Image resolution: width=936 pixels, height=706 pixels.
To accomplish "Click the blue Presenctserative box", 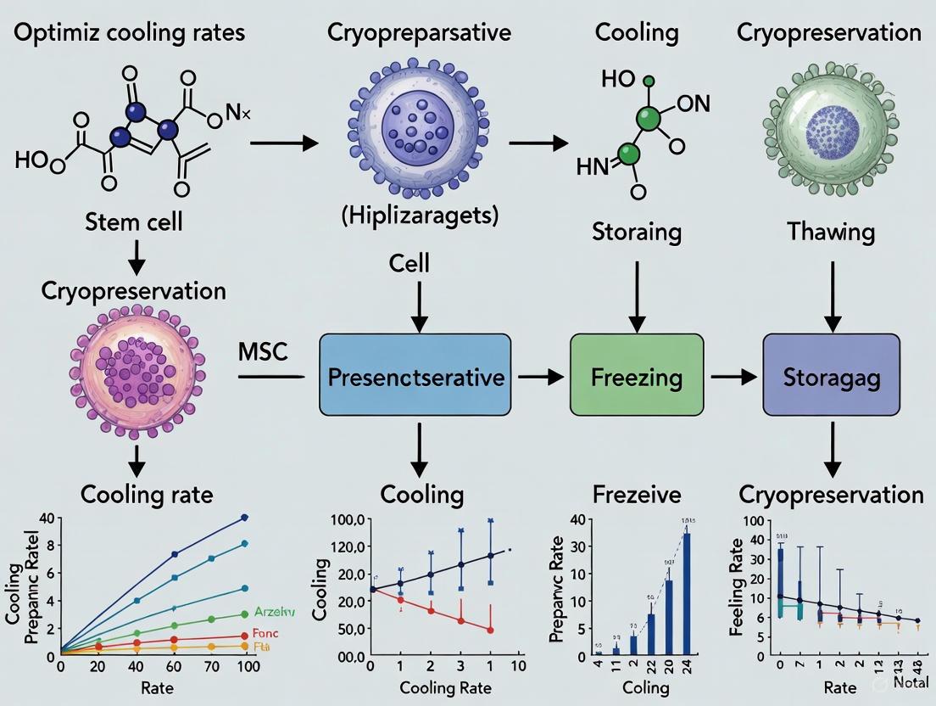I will pyautogui.click(x=415, y=376).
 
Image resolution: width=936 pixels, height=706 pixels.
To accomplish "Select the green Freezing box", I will pyautogui.click(x=637, y=375).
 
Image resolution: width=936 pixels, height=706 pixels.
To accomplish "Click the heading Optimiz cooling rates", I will pyautogui.click(x=129, y=33).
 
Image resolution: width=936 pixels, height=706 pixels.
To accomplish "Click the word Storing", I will pyautogui.click(x=637, y=230).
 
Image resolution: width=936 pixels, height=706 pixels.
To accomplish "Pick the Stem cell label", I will pyautogui.click(x=134, y=223).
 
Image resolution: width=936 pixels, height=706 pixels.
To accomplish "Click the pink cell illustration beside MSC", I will pyautogui.click(x=135, y=364).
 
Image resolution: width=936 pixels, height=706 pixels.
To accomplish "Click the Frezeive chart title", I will pyautogui.click(x=638, y=494).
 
